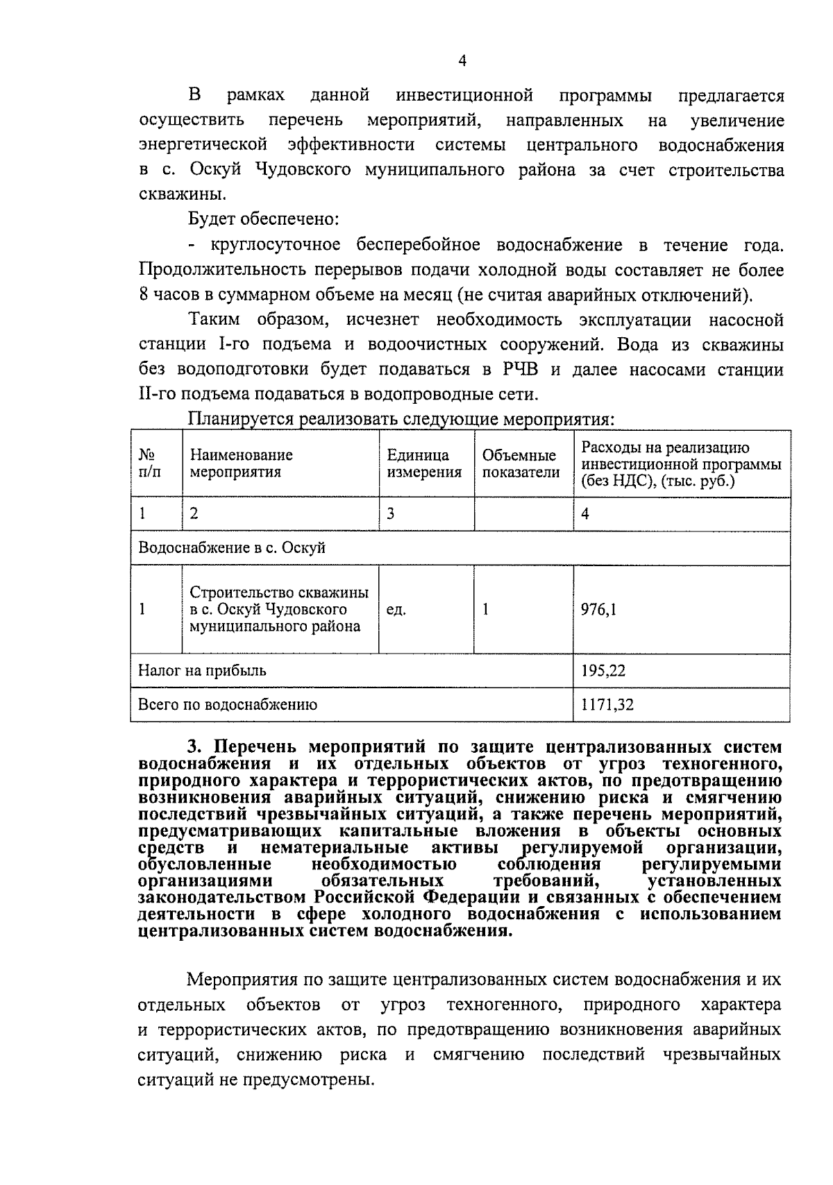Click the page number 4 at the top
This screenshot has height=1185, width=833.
coord(463,61)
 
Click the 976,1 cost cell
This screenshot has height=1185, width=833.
coord(599,610)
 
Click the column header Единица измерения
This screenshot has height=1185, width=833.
coord(424,463)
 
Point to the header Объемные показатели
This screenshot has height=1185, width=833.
coord(521,463)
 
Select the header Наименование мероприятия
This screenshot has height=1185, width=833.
coord(242,463)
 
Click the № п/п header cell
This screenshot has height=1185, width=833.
coord(149,463)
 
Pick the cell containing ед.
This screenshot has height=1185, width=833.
coord(396,610)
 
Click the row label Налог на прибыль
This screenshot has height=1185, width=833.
coord(202,671)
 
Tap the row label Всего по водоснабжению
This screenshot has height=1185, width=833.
coord(228,705)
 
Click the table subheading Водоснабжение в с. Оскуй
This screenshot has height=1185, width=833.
coord(232,548)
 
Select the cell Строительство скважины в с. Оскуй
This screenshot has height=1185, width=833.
coord(279,609)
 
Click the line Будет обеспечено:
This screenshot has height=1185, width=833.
coord(263,220)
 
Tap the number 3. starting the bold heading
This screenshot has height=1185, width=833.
coord(196,747)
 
